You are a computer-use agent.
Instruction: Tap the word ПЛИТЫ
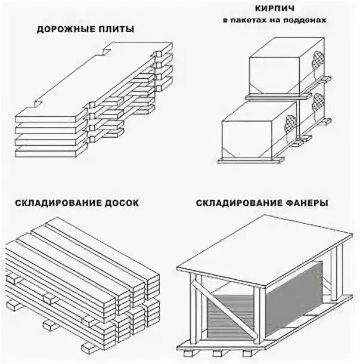click(115, 29)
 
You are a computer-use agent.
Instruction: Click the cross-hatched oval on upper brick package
click(315, 60)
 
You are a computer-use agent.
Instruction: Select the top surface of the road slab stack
click(89, 78)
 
